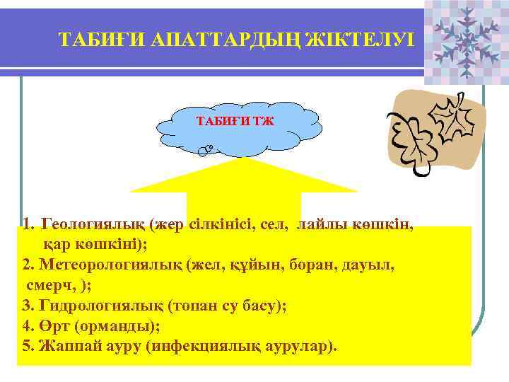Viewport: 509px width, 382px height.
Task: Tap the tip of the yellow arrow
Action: pos(244,160)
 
